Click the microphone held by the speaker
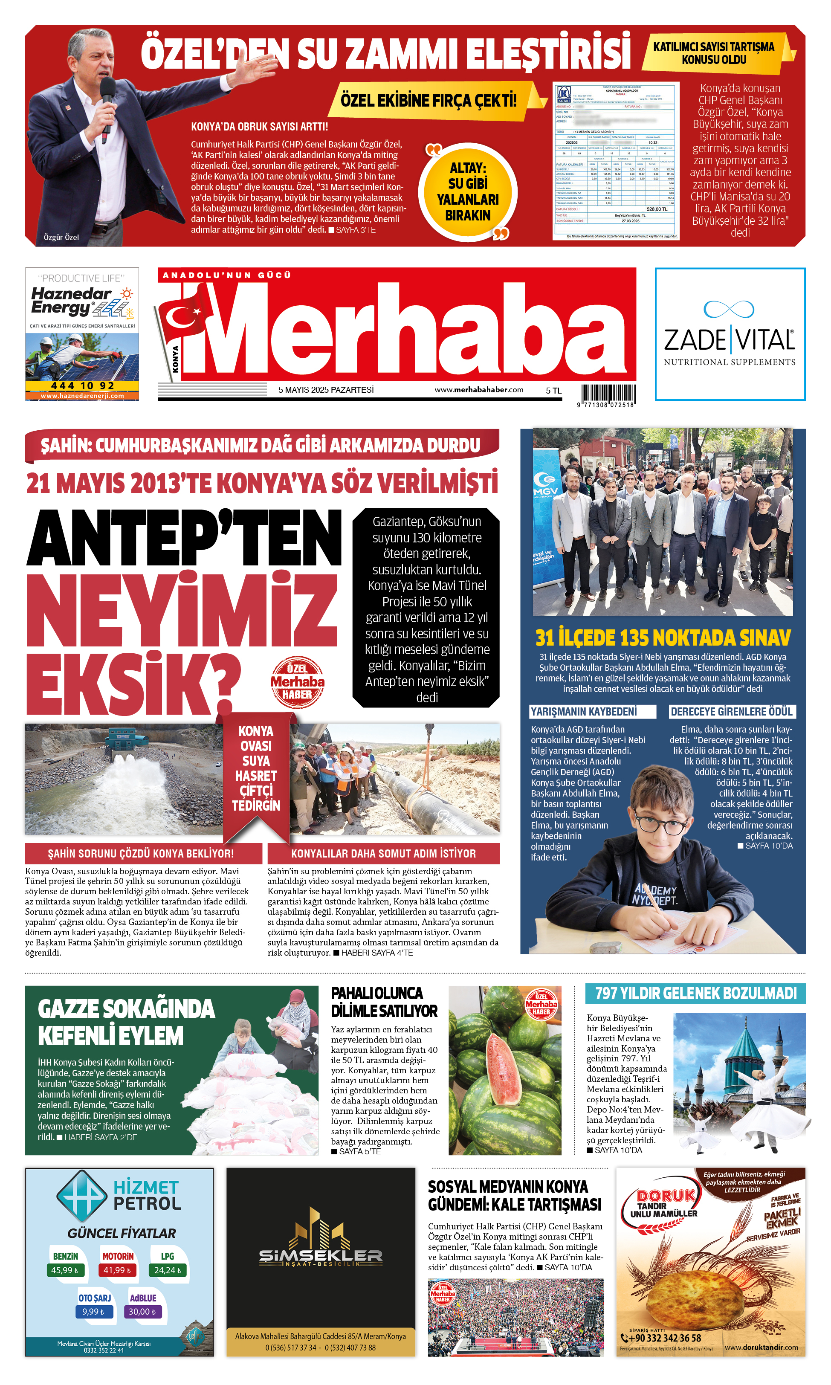[107, 95]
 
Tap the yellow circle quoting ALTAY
[468, 192]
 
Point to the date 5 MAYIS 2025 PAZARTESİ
[326, 390]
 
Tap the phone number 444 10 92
[82, 386]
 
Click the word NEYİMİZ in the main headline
[182, 609]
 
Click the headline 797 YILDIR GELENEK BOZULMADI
[695, 994]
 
